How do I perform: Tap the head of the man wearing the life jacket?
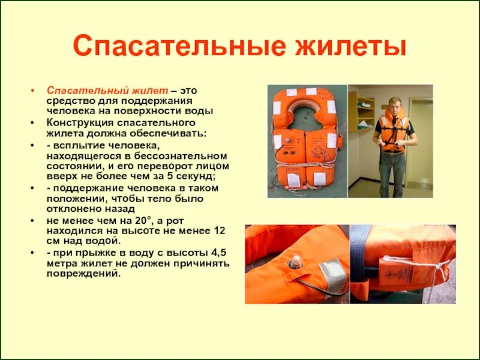(394, 103)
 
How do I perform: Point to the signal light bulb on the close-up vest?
(295, 262)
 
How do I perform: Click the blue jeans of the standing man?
(392, 174)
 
